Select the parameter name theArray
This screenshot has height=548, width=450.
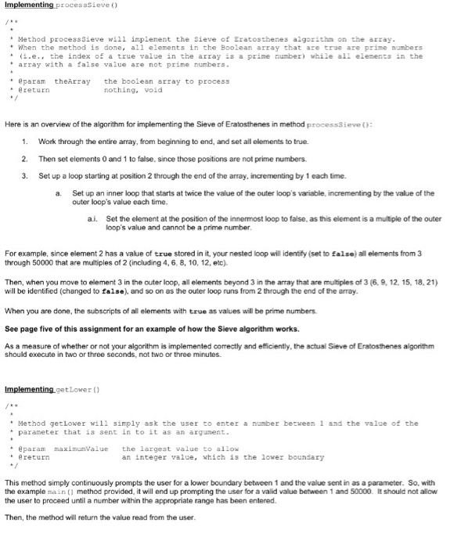coord(73,81)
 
